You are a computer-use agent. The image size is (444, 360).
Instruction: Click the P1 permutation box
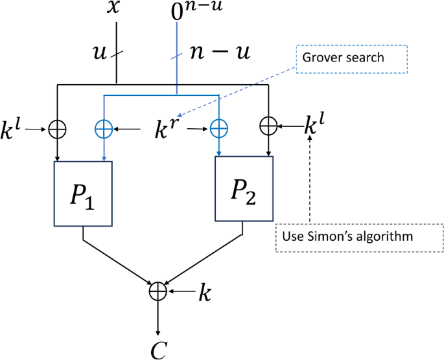tap(84, 194)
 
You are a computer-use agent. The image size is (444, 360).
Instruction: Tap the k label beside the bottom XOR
tap(204, 293)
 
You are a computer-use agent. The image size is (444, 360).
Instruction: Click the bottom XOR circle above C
tap(158, 291)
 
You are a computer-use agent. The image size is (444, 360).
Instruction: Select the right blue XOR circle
tap(219, 129)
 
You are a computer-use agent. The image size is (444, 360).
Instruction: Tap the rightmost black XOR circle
tap(268, 125)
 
